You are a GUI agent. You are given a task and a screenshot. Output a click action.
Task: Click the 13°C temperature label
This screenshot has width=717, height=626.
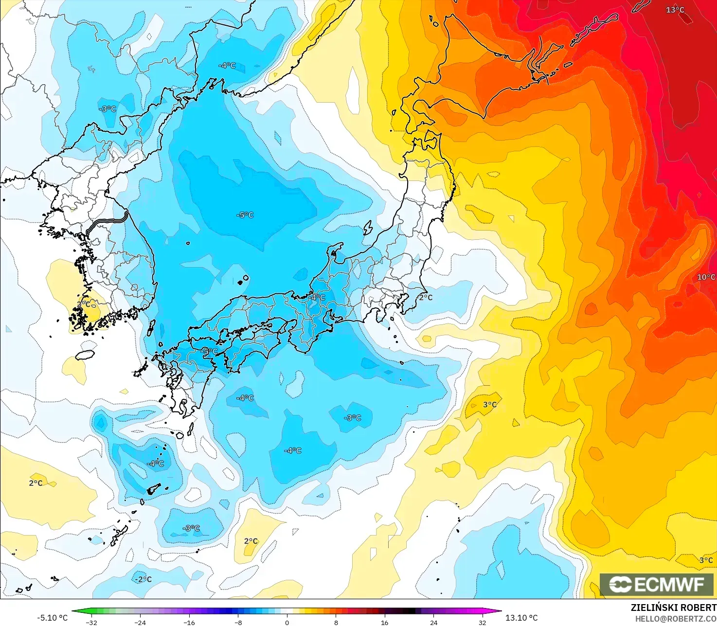point(675,10)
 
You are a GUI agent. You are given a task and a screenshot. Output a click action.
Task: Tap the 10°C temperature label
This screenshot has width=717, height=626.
point(706,277)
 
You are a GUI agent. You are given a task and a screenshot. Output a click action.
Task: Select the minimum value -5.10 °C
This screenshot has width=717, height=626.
point(53,618)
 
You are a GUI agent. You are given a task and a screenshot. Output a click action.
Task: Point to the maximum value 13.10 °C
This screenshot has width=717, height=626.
point(521,618)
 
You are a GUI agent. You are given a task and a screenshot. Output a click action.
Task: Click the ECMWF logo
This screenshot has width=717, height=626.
point(657,584)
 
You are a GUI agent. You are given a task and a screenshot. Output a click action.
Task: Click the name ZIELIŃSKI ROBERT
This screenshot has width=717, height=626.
point(673,608)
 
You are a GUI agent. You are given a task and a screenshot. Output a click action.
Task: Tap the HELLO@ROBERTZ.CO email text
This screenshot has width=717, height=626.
point(676,618)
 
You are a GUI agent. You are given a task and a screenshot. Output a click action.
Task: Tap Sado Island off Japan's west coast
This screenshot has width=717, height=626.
point(368,227)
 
